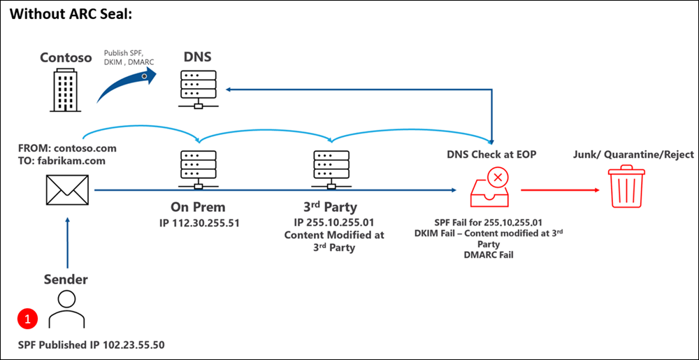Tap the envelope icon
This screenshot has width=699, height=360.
(x=67, y=189)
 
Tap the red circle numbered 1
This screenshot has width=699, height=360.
(x=27, y=319)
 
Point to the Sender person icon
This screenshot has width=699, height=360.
(x=66, y=312)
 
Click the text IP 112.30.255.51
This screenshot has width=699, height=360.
(x=199, y=222)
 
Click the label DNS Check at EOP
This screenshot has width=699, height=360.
(x=493, y=154)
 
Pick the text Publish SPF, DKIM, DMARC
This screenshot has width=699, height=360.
(x=127, y=58)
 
